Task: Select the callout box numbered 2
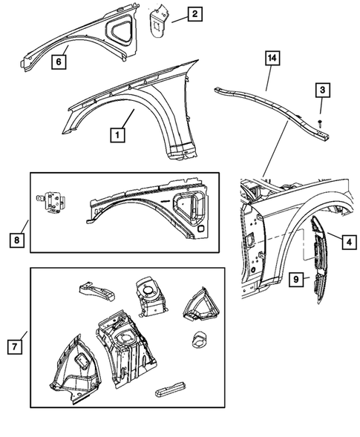194,13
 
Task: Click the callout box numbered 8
16,240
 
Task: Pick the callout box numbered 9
295,279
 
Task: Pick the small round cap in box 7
199,341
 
